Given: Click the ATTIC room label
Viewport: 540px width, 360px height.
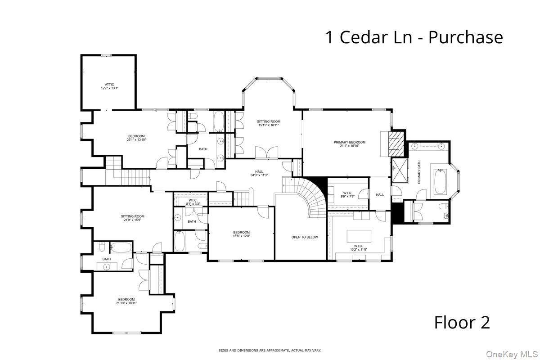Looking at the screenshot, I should pyautogui.click(x=109, y=86).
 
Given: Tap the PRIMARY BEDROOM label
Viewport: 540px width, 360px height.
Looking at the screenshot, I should pyautogui.click(x=349, y=144).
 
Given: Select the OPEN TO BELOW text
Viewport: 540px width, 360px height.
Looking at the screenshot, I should pyautogui.click(x=304, y=237).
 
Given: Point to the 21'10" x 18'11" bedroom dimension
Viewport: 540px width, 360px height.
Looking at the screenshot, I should pyautogui.click(x=126, y=303).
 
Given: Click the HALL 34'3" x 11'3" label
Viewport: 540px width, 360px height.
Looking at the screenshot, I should pyautogui.click(x=259, y=173).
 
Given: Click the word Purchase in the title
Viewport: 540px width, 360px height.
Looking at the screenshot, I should pyautogui.click(x=465, y=37).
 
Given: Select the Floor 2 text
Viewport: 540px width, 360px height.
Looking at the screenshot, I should pyautogui.click(x=462, y=322).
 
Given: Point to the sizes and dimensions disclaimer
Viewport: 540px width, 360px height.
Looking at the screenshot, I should pyautogui.click(x=270, y=350).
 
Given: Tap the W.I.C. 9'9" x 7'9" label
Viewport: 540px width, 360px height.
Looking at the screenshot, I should pyautogui.click(x=347, y=194).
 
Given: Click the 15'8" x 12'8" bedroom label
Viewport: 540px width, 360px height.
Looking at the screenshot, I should pyautogui.click(x=241, y=234).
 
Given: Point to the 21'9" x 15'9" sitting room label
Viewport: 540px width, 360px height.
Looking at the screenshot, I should pyautogui.click(x=132, y=218).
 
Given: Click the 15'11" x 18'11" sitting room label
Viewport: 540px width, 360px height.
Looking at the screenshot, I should pyautogui.click(x=269, y=123).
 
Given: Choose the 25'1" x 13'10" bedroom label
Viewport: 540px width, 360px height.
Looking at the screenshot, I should pyautogui.click(x=136, y=138).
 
